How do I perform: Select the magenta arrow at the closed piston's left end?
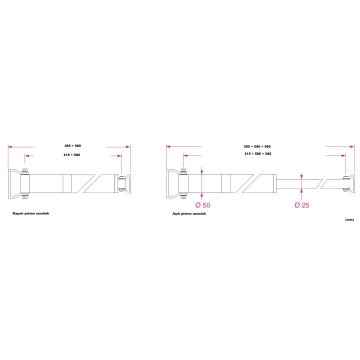pos(11,148)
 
